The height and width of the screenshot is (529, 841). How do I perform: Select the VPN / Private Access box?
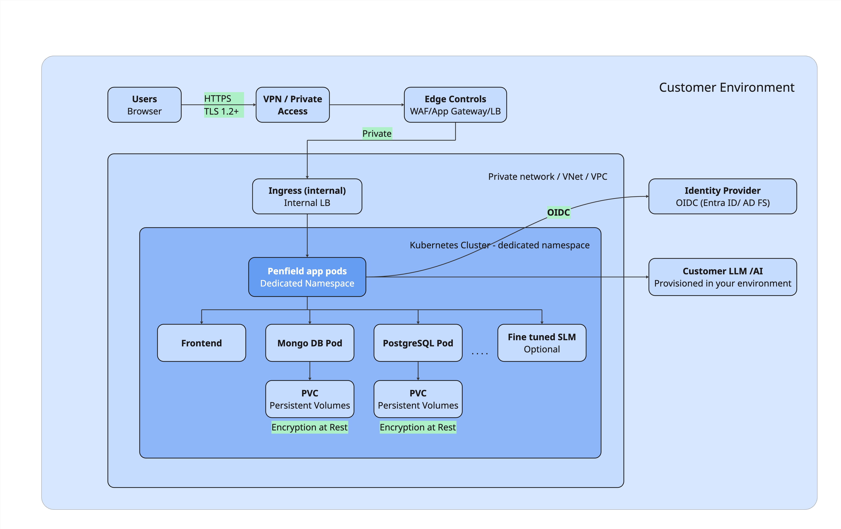point(293,105)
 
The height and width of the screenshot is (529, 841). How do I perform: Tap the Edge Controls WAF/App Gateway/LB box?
point(455,105)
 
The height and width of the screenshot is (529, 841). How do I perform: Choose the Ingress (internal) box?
point(307,196)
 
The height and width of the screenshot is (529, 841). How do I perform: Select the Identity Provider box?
point(723,196)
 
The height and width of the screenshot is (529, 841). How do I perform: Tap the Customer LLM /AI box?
point(723,277)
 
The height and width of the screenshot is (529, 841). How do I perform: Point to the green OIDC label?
point(558,212)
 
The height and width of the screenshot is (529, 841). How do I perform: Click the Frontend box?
point(201,343)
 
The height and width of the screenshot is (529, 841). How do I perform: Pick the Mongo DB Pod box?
point(310,343)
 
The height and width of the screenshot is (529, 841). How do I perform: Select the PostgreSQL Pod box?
point(418,343)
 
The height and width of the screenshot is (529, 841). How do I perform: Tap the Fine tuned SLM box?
point(542,343)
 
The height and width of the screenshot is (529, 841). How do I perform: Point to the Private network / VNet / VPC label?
point(548,177)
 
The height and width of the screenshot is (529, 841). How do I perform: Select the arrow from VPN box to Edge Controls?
point(367,105)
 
